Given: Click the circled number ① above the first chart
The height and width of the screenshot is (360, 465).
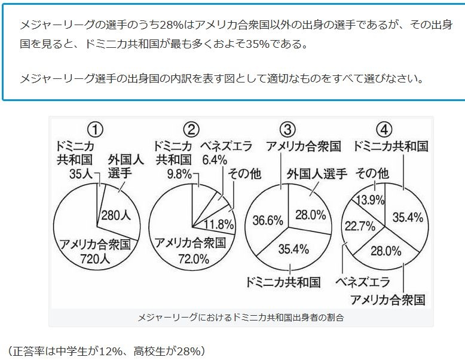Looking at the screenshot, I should (x=96, y=129).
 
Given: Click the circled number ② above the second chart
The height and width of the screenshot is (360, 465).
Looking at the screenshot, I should (x=191, y=129).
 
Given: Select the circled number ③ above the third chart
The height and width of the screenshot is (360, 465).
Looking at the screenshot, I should (x=287, y=129).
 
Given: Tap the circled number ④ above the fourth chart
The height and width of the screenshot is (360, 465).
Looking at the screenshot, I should (x=384, y=129).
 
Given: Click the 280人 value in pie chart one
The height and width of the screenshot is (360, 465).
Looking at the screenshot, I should (x=116, y=215).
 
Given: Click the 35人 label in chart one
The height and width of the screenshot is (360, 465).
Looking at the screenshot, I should (x=81, y=174).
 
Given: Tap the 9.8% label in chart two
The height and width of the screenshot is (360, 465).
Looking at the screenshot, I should (x=179, y=174).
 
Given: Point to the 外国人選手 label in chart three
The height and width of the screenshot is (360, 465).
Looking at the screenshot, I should (x=317, y=174).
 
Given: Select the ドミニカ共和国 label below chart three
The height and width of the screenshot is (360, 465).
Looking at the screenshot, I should (x=283, y=282).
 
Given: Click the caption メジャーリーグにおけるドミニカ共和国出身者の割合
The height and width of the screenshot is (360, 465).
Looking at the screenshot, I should (x=241, y=318).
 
